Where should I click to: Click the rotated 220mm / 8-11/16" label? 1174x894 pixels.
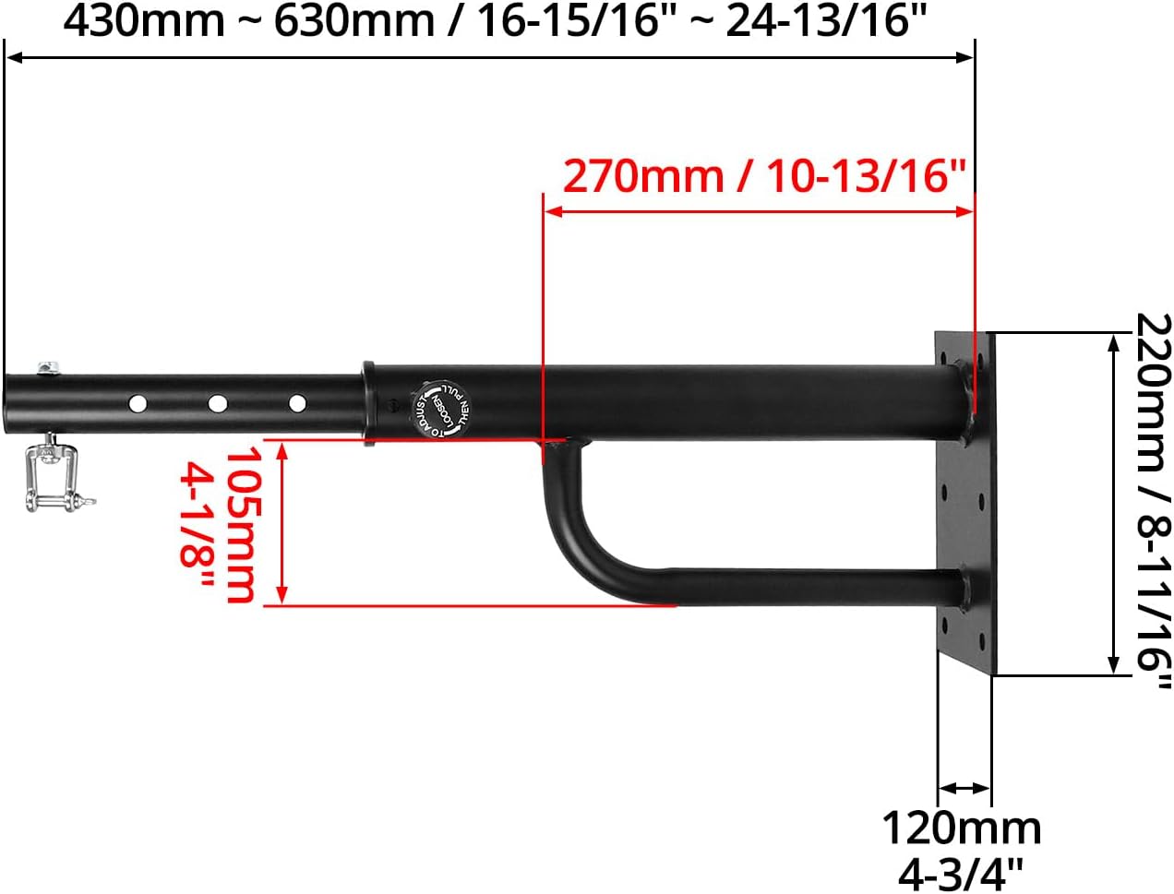point(1153,503)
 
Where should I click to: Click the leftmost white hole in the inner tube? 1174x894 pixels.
point(138,403)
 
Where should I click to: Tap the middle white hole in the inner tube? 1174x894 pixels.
point(218,403)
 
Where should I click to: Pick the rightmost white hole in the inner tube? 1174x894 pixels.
point(297,403)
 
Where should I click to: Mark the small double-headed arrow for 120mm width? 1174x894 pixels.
point(964,788)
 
